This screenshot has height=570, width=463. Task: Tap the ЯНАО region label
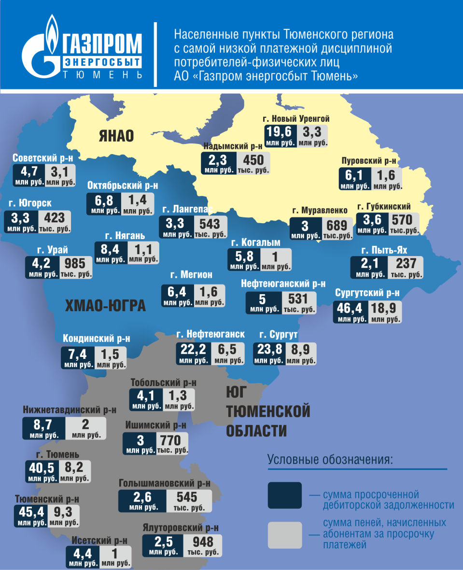116,136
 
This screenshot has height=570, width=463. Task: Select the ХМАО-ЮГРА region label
105,306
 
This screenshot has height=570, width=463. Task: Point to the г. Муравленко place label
319,211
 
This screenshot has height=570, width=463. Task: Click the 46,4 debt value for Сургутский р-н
350,308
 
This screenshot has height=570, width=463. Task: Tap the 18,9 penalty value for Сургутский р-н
384,308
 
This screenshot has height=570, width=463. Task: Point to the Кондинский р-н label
97,339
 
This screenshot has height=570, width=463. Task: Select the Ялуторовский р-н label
181,528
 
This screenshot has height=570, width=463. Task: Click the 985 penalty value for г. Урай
75,264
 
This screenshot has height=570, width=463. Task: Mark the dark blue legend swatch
284,495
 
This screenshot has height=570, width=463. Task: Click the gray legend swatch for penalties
284,535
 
